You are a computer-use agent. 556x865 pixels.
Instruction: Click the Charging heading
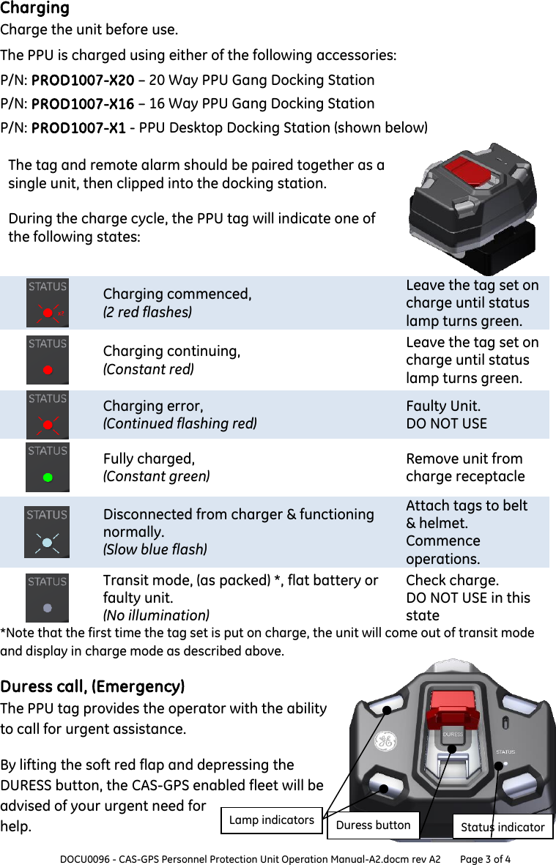pos(34,9)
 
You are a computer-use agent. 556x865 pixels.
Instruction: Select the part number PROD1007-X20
pos(82,80)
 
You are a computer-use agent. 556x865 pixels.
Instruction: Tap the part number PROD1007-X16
pos(82,103)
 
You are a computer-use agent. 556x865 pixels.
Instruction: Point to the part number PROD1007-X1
pos(78,127)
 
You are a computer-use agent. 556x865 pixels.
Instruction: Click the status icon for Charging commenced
pos(48,302)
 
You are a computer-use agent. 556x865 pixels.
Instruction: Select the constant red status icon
pos(48,360)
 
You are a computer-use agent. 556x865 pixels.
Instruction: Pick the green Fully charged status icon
pos(48,467)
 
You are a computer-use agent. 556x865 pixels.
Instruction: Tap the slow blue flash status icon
pos(48,532)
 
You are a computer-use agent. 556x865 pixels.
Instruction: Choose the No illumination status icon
pos(48,598)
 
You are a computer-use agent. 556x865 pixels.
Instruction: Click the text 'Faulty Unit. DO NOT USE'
pos(446,415)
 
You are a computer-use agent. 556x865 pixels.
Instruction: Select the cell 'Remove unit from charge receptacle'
pos(465,467)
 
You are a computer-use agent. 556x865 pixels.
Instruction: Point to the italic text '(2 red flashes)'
pos(147,312)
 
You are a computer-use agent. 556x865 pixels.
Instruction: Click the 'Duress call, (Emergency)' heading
pos(92,686)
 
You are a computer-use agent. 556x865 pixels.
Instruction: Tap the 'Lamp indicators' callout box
pos(271,820)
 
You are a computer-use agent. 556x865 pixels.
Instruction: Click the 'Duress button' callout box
pos(373,825)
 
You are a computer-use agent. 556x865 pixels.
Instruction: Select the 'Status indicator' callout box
pos(503,827)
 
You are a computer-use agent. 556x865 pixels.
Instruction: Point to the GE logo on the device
pos(385,740)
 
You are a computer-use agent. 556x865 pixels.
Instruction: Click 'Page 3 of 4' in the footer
pos(485,858)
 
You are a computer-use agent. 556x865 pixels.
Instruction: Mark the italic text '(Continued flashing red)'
pos(179,423)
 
